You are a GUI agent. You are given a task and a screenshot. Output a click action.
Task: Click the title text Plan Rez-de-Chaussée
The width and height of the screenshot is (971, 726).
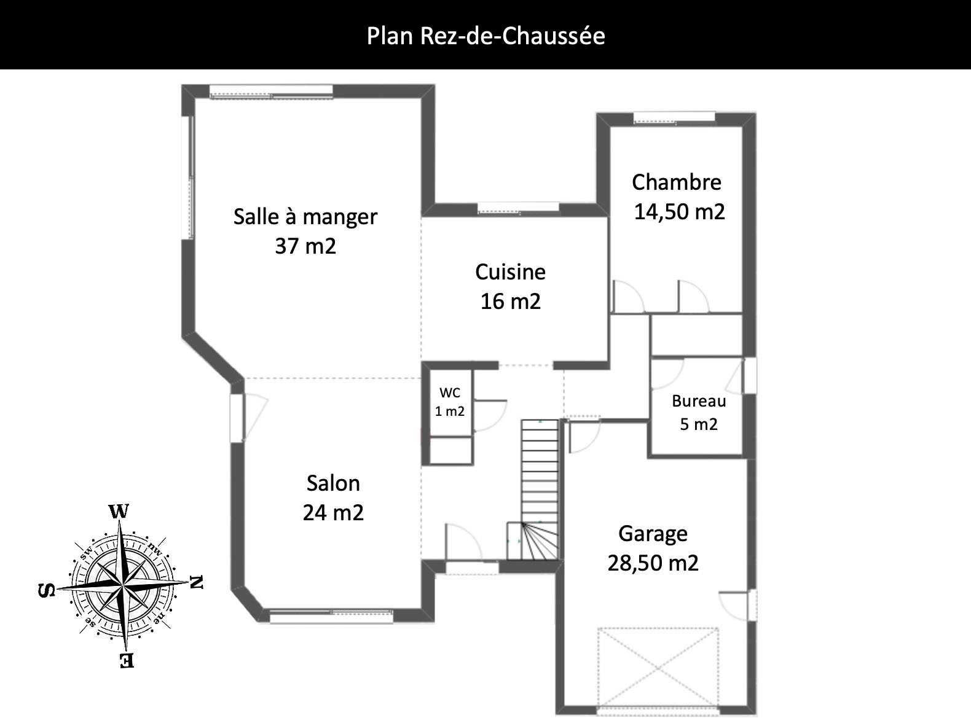[486, 36]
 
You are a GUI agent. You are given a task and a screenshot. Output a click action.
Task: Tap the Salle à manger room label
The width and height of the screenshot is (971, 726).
[305, 217]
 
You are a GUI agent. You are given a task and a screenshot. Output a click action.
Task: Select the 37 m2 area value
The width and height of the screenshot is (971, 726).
[305, 246]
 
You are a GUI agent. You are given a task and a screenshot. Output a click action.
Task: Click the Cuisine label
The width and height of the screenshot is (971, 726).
[510, 272]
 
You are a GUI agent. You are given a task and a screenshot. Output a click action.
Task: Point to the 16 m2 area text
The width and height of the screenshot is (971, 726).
[511, 301]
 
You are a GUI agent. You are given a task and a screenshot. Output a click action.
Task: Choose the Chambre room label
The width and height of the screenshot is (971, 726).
[677, 182]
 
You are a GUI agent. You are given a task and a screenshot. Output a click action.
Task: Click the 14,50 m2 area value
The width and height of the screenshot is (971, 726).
[680, 211]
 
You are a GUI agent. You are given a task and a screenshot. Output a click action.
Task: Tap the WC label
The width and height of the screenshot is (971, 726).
[450, 392]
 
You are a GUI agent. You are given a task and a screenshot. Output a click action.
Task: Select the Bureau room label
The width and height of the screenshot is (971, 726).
[699, 401]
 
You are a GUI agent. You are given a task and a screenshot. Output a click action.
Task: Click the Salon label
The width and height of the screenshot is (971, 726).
[333, 483]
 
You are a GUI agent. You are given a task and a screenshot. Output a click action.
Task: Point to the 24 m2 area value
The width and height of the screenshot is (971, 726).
[333, 512]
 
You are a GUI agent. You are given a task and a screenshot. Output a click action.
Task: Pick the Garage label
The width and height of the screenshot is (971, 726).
[653, 534]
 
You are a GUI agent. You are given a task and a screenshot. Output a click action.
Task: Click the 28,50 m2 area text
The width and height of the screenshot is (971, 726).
[653, 563]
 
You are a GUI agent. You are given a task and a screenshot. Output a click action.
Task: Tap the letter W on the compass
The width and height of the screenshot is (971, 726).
[119, 511]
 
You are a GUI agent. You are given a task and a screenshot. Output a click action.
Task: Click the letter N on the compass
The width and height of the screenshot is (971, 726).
[197, 582]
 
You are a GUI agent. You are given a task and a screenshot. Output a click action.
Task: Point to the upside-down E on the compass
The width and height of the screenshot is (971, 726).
[127, 660]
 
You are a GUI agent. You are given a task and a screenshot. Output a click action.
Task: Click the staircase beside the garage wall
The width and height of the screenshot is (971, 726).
[539, 490]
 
